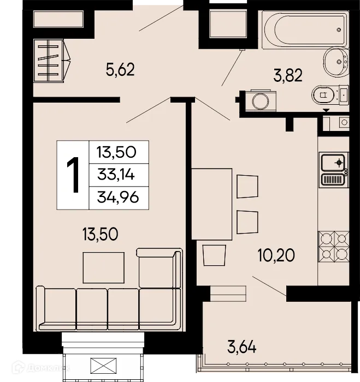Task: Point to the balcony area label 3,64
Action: (241, 345)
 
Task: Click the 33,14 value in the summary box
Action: (115, 175)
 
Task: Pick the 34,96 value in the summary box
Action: (115, 196)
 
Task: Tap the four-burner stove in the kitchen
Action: (334, 246)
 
